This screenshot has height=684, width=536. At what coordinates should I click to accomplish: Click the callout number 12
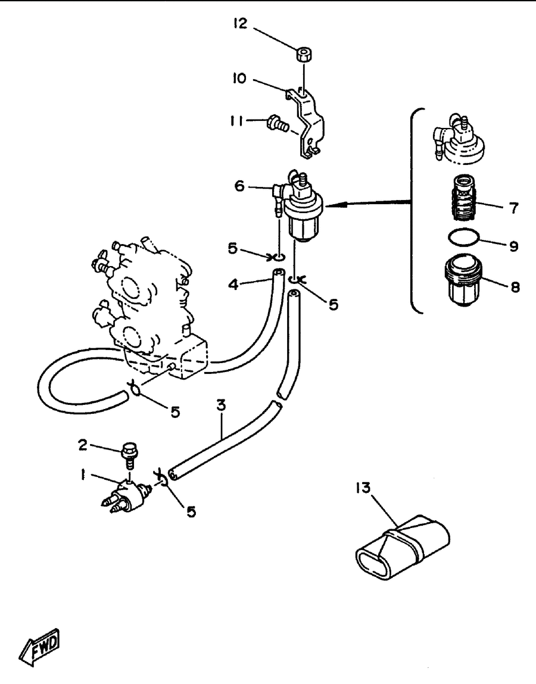pyautogui.click(x=240, y=23)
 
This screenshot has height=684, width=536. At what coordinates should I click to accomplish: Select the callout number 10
pyautogui.click(x=239, y=79)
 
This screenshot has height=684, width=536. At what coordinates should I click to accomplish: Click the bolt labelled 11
pyautogui.click(x=278, y=123)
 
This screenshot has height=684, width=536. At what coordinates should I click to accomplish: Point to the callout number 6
pyautogui.click(x=239, y=186)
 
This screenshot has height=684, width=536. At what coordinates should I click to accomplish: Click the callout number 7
pyautogui.click(x=513, y=208)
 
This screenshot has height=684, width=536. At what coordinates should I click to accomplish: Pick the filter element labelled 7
pyautogui.click(x=463, y=198)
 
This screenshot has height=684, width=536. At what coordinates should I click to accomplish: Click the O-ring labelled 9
pyautogui.click(x=463, y=238)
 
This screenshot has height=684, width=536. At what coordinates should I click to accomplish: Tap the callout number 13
pyautogui.click(x=363, y=488)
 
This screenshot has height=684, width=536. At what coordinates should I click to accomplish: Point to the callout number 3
pyautogui.click(x=222, y=405)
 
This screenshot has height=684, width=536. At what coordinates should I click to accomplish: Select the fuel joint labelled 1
pyautogui.click(x=127, y=496)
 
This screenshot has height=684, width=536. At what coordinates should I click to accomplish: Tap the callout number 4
pyautogui.click(x=233, y=285)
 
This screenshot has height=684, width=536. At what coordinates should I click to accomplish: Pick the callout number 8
pyautogui.click(x=515, y=287)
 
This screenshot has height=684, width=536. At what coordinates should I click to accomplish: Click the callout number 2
pyautogui.click(x=83, y=445)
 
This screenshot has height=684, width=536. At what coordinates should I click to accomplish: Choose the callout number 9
pyautogui.click(x=514, y=246)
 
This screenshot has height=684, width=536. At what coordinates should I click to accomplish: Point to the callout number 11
pyautogui.click(x=237, y=121)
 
